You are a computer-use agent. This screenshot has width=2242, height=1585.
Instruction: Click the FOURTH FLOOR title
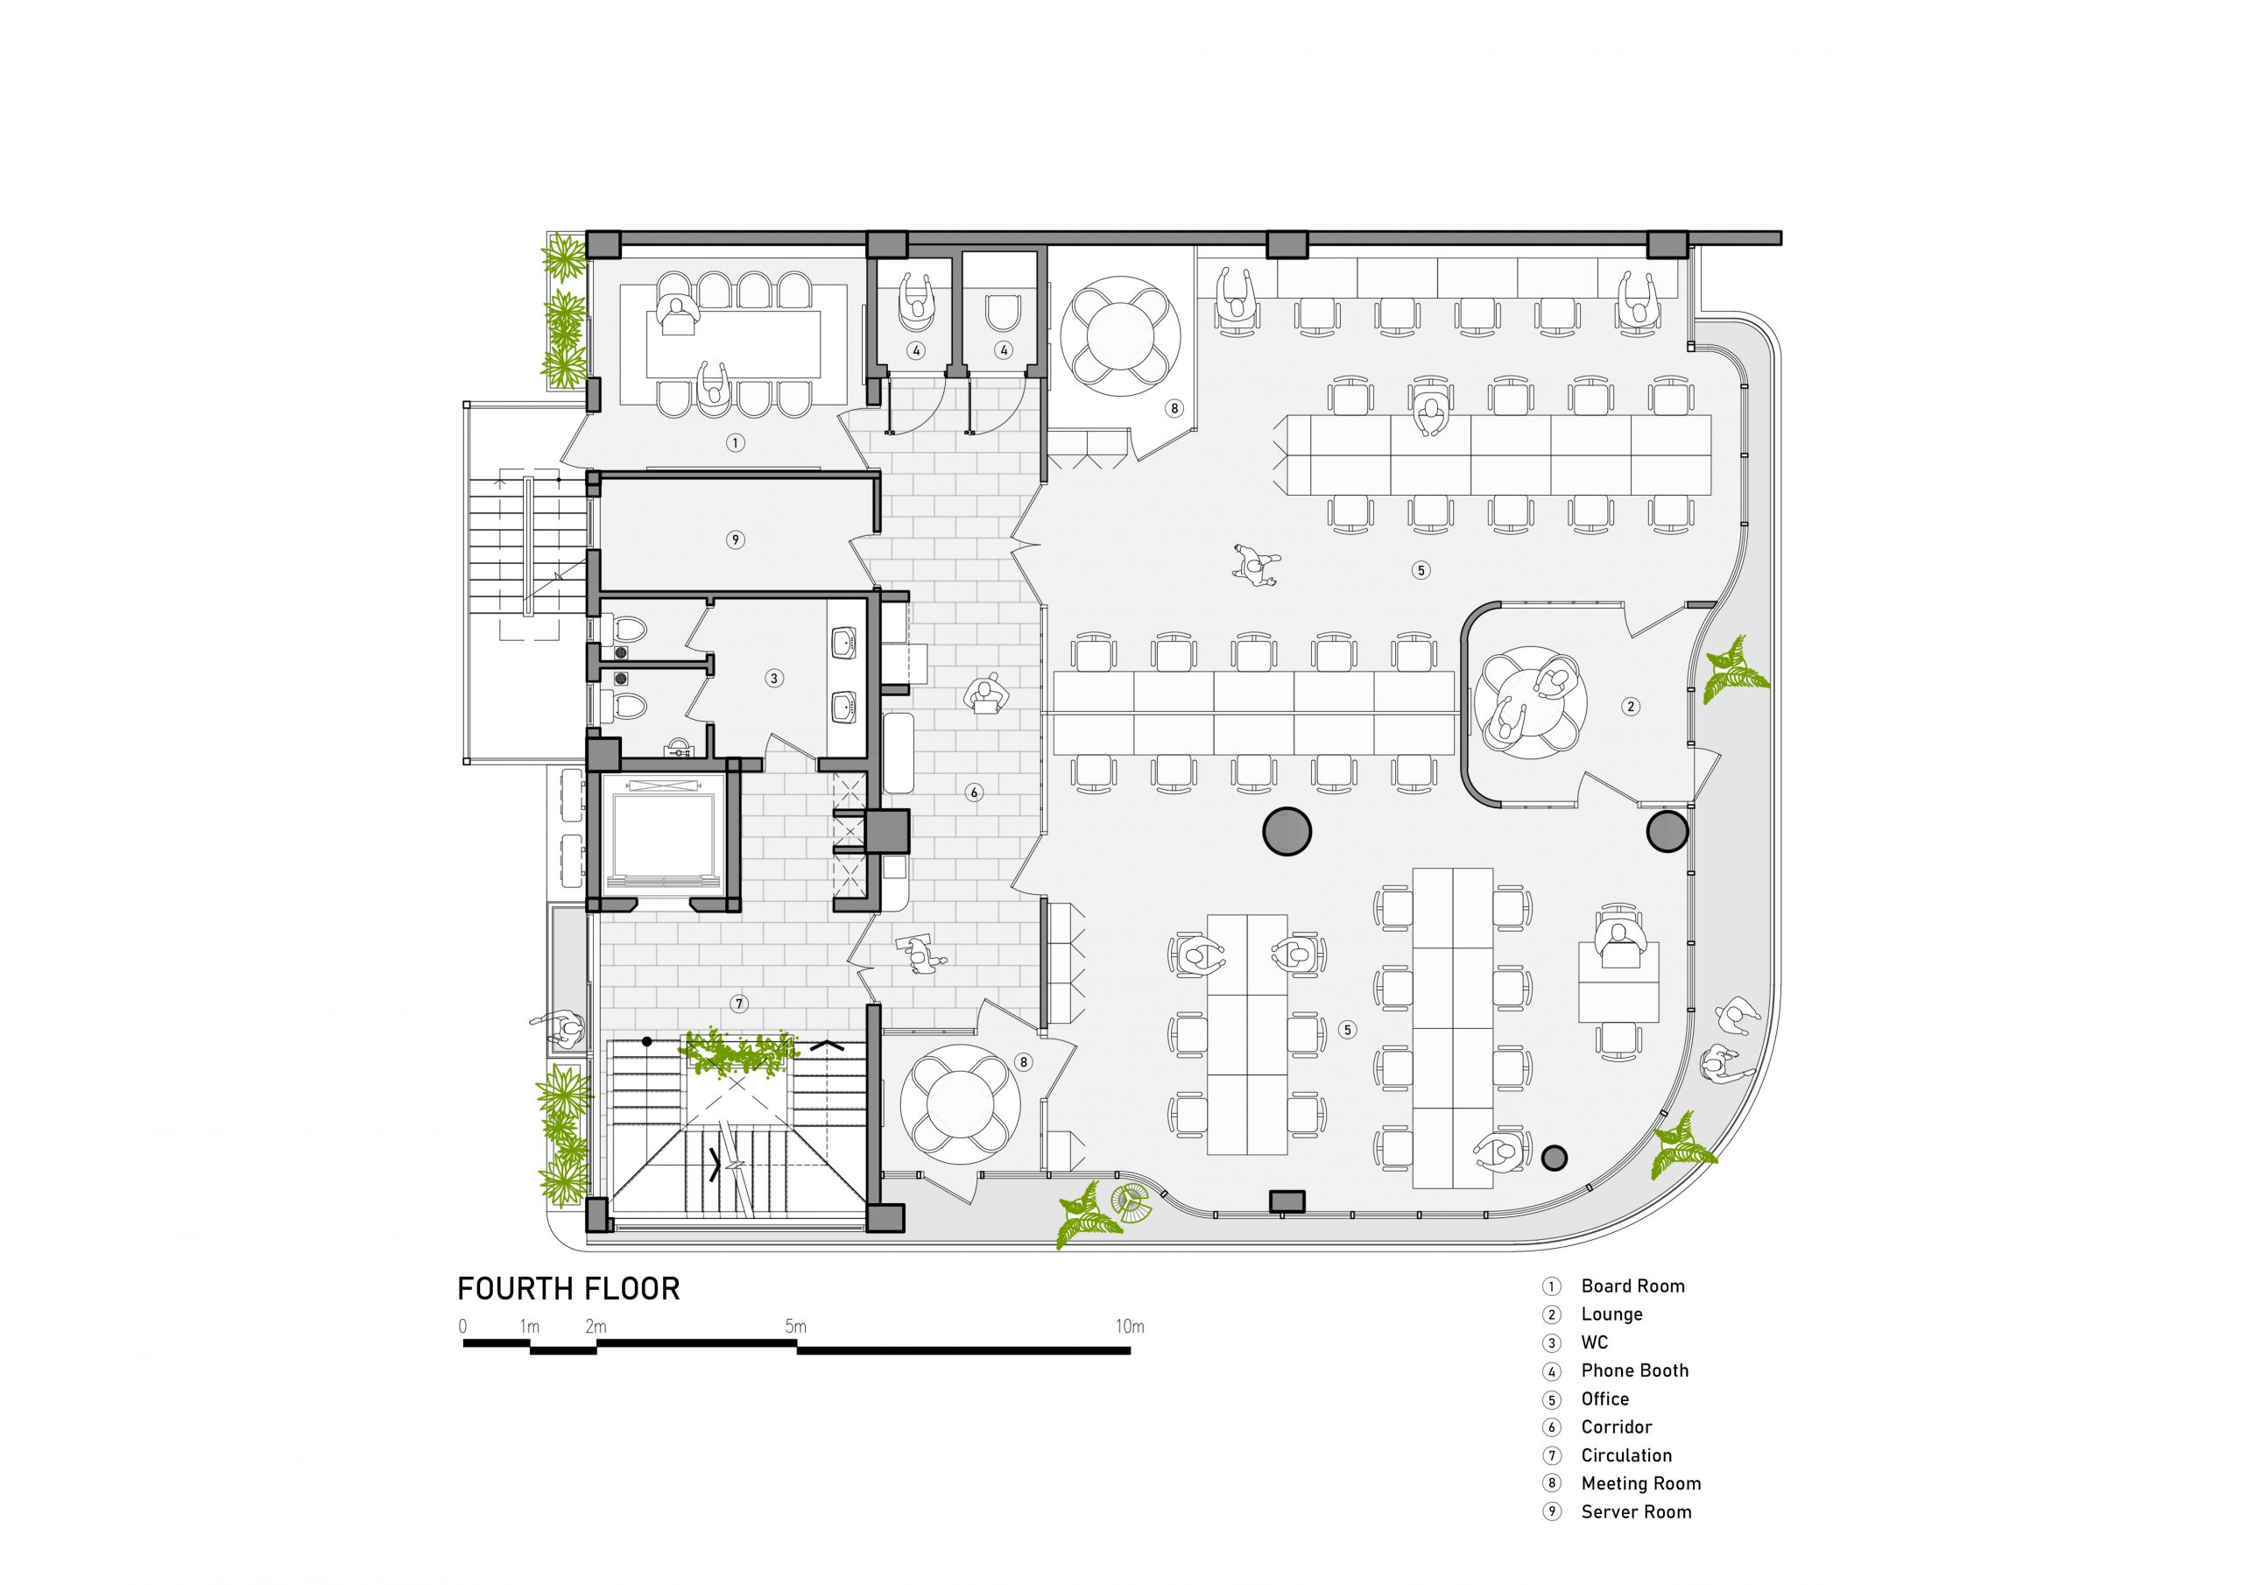pyautogui.click(x=568, y=1289)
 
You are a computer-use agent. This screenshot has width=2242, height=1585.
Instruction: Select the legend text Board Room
pyautogui.click(x=1632, y=1286)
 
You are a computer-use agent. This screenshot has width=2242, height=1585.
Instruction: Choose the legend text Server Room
pyautogui.click(x=1636, y=1511)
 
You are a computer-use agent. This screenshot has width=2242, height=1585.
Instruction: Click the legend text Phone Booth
pyautogui.click(x=1634, y=1371)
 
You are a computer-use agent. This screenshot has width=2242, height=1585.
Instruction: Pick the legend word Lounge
pyautogui.click(x=1611, y=1314)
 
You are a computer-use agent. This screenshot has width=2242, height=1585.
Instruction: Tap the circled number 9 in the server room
pyautogui.click(x=736, y=539)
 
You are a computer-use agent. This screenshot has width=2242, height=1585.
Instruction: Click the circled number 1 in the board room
pyautogui.click(x=736, y=443)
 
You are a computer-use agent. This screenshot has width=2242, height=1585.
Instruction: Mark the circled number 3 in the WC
pyautogui.click(x=773, y=678)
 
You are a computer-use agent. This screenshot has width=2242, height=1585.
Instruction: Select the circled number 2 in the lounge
pyautogui.click(x=1630, y=706)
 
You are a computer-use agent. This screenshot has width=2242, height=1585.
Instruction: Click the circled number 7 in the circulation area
pyautogui.click(x=739, y=1003)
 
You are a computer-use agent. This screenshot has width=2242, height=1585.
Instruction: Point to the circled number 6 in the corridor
pyautogui.click(x=974, y=793)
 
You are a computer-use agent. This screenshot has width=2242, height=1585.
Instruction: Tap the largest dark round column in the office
pyautogui.click(x=1287, y=831)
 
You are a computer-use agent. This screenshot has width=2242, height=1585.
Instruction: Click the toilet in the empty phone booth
pyautogui.click(x=1002, y=313)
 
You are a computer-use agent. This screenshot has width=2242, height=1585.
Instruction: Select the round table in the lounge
pyautogui.click(x=1530, y=701)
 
